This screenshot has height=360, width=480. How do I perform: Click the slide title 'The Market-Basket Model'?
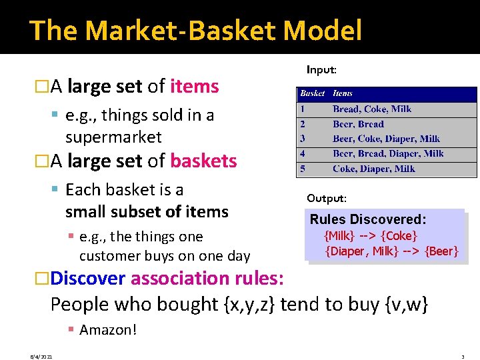point(196,31)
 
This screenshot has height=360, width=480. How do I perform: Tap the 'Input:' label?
point(321,69)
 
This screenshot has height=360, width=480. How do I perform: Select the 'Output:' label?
point(327,198)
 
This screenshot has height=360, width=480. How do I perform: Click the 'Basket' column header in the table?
point(312,94)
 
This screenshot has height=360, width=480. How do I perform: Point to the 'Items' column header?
point(343,94)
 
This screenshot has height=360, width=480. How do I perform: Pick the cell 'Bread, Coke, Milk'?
point(372,109)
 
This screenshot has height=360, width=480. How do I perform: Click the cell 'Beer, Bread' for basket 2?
point(358,124)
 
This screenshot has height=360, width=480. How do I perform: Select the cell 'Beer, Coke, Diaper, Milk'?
point(386,139)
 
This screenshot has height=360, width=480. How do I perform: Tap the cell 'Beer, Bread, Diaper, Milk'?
point(388,153)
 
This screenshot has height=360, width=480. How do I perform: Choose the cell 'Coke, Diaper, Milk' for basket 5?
point(373,169)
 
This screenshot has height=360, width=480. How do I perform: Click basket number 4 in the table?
point(303,153)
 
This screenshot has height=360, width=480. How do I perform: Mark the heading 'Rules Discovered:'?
point(368,219)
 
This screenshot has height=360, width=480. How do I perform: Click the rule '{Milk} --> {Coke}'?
point(370,236)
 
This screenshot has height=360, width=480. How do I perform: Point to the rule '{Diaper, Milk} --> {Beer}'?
point(391,251)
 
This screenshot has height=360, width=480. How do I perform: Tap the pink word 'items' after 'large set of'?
point(195,87)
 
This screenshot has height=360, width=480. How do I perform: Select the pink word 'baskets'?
point(203,161)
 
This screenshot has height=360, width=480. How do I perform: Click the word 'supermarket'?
point(113,137)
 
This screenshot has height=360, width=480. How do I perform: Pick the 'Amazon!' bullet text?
point(107,329)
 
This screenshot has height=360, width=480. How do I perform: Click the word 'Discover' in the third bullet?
point(89,278)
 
